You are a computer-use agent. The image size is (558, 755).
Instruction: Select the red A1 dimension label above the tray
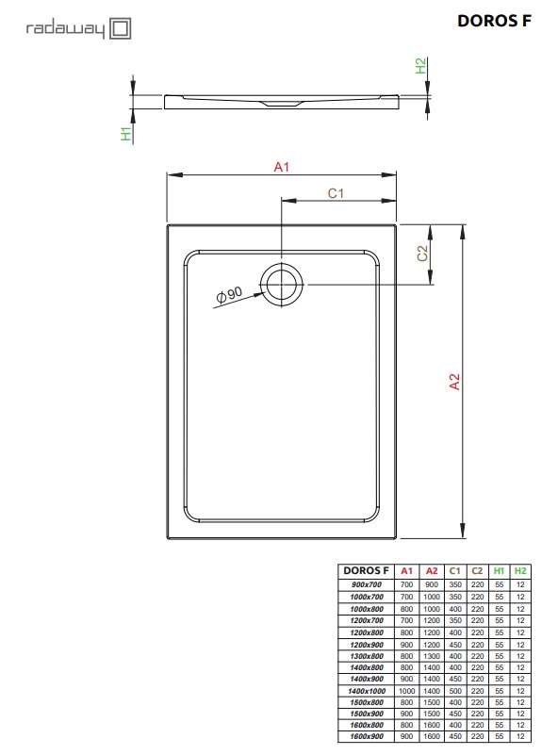point(280,167)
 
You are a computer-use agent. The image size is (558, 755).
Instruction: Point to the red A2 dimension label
point(453,382)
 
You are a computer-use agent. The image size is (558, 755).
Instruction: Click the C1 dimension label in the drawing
point(335,193)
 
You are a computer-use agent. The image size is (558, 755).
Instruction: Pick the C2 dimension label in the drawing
point(423,253)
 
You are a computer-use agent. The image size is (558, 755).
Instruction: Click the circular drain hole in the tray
point(282,285)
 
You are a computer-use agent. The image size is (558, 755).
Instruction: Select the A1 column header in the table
point(407,571)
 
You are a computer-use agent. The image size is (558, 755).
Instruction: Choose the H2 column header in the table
point(520,571)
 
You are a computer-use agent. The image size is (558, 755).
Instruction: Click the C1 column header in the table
point(454,571)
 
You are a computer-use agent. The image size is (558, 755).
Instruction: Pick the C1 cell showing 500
point(454,691)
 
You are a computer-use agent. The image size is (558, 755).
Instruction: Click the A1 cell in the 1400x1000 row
point(407,691)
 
